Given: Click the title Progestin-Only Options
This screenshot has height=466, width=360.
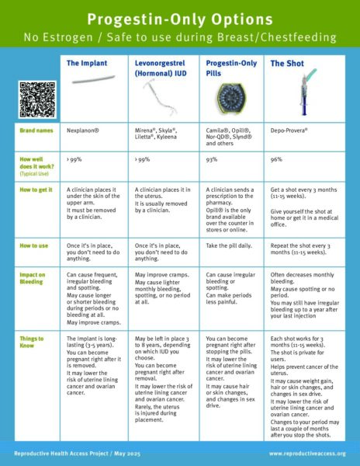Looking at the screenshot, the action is pyautogui.click(x=179, y=17).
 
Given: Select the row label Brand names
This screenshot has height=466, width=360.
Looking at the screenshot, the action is pyautogui.click(x=36, y=133).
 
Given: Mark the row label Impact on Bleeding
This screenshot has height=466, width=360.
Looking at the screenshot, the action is pyautogui.click(x=36, y=276).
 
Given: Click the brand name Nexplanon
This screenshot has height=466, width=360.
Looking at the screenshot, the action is pyautogui.click(x=87, y=133).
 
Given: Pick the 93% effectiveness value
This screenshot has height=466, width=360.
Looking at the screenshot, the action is pyautogui.click(x=210, y=160).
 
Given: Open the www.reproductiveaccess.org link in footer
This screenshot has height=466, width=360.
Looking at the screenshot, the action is pyautogui.click(x=307, y=452).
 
